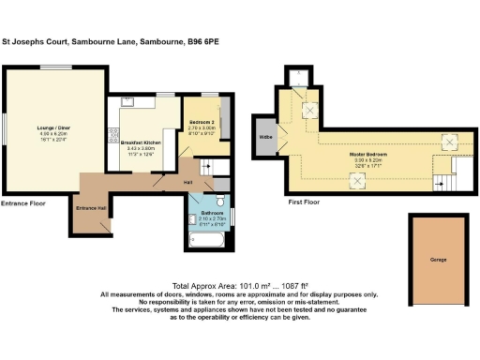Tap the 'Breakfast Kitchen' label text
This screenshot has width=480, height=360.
(142, 142)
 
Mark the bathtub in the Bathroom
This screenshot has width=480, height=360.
(203, 243)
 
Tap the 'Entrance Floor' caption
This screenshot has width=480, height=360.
(23, 202)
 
